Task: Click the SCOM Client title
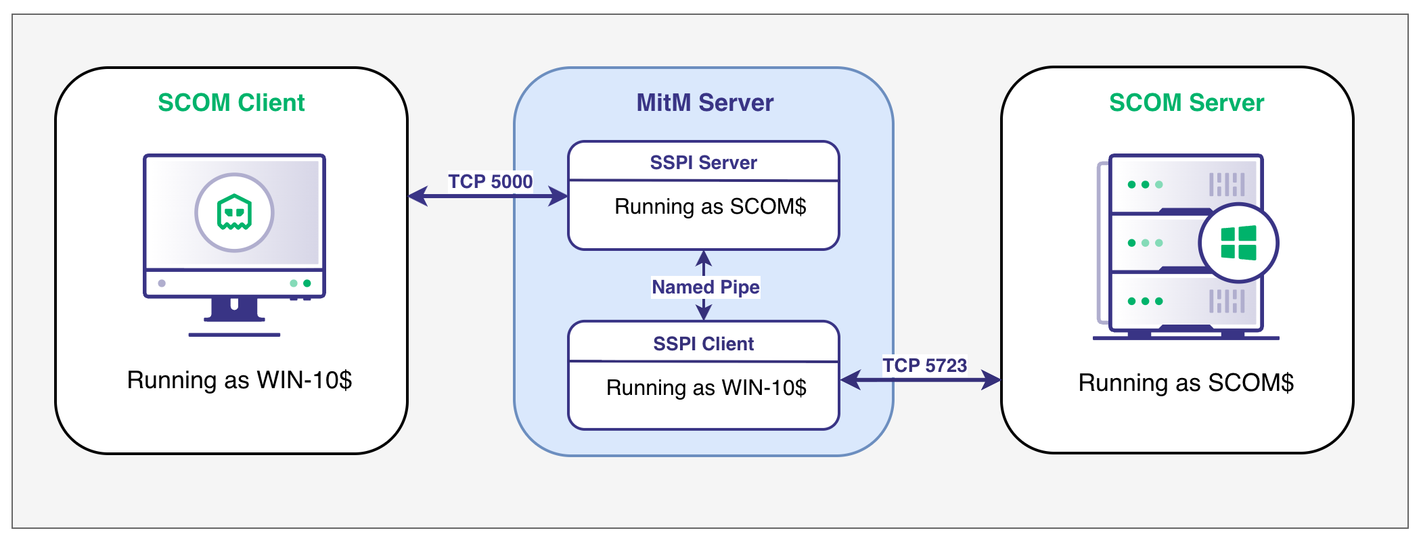pyautogui.click(x=231, y=103)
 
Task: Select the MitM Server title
pyautogui.click(x=704, y=103)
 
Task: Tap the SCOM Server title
pyautogui.click(x=1186, y=103)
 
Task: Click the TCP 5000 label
pyautogui.click(x=490, y=181)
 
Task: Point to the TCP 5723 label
pyautogui.click(x=924, y=365)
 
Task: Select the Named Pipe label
pyautogui.click(x=705, y=287)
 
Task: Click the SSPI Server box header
pyautogui.click(x=704, y=162)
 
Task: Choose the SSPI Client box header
pyautogui.click(x=704, y=344)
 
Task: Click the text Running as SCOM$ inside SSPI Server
pyautogui.click(x=710, y=206)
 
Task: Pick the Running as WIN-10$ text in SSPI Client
pyautogui.click(x=706, y=387)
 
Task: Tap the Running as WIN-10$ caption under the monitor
pyautogui.click(x=239, y=380)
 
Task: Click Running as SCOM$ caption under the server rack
pyautogui.click(x=1186, y=383)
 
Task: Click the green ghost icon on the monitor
pyautogui.click(x=234, y=212)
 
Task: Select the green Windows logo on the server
pyautogui.click(x=1238, y=243)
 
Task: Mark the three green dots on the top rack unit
pyautogui.click(x=1145, y=185)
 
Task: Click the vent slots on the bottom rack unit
pyautogui.click(x=1227, y=301)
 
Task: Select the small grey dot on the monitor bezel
pyautogui.click(x=162, y=283)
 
